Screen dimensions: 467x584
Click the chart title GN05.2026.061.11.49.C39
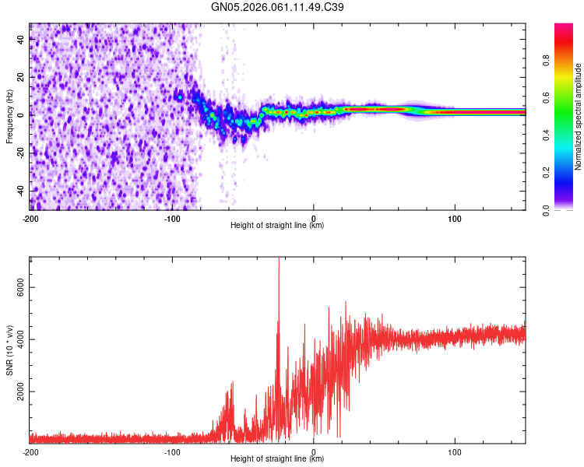[x=278, y=7]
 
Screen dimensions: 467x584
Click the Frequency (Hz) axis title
[x=9, y=116]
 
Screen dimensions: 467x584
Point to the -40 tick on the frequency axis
[x=19, y=191]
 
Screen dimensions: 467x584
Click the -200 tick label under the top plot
[x=30, y=219]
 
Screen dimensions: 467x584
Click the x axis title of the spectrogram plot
[x=277, y=226]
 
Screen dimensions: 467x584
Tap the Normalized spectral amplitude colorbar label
[x=579, y=117]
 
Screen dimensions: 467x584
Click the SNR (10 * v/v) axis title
[x=9, y=349]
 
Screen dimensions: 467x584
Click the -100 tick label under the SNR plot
[x=171, y=452]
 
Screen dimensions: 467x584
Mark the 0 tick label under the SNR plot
[x=314, y=452]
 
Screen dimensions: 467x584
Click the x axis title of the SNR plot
[x=277, y=460]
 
